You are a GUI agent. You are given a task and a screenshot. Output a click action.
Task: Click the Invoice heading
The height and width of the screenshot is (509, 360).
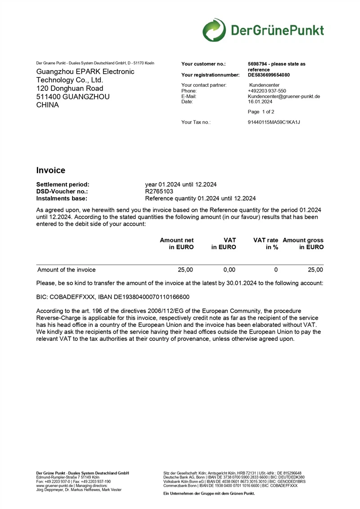[x=50, y=170]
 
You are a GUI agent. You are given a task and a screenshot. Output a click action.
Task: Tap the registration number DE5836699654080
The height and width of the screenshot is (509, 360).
[x=269, y=75]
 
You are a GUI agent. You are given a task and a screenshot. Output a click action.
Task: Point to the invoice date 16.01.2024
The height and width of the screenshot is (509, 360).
[x=260, y=102]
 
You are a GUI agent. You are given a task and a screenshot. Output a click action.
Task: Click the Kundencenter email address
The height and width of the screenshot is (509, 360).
[x=283, y=96]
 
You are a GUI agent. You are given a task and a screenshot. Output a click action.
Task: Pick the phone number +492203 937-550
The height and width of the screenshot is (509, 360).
[x=267, y=91]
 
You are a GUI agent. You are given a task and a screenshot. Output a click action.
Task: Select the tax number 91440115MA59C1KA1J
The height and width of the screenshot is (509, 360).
[x=274, y=122]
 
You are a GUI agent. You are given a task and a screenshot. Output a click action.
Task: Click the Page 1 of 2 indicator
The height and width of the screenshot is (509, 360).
[x=261, y=112]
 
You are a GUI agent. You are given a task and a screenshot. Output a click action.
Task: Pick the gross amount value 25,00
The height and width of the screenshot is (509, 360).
[x=315, y=270]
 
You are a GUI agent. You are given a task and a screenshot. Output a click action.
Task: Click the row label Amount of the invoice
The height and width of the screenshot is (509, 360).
[x=66, y=270]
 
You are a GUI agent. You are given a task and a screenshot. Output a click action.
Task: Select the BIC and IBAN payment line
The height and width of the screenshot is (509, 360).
[x=112, y=297]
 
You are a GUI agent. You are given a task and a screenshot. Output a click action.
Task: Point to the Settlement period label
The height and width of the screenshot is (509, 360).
[x=63, y=184]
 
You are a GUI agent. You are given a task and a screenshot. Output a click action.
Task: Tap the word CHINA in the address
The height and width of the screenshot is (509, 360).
[x=47, y=105]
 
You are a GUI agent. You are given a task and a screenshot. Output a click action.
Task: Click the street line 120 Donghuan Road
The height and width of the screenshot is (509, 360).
[x=69, y=88]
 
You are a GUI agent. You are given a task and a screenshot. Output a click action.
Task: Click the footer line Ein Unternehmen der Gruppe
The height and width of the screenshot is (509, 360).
[x=209, y=493]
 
